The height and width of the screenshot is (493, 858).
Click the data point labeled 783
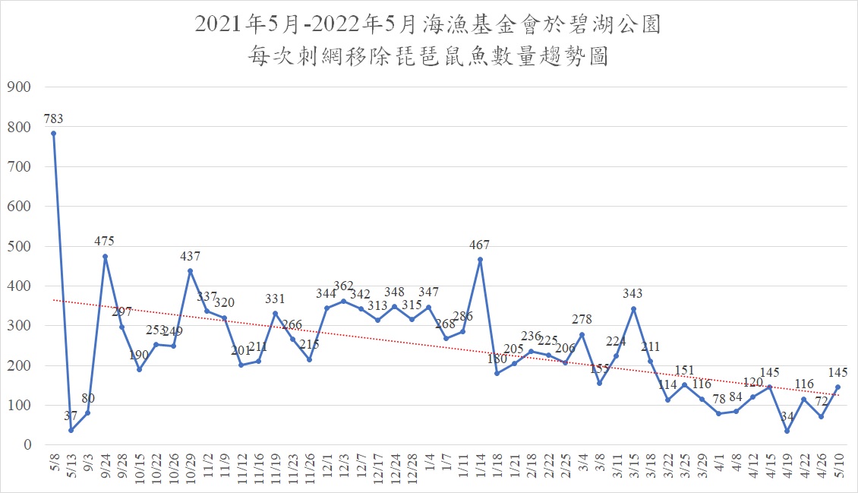[x=53, y=134]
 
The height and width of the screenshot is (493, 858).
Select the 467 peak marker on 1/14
[x=480, y=260]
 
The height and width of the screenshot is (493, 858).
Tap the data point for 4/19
[x=787, y=431]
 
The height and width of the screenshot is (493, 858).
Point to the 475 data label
[x=105, y=242]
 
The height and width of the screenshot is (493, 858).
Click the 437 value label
[x=190, y=257]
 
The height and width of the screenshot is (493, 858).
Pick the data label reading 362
[x=343, y=286]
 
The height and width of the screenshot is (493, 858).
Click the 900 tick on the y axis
[x=17, y=87]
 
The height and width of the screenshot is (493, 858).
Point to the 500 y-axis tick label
[x=17, y=247]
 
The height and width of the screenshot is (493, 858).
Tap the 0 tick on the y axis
[x=26, y=445]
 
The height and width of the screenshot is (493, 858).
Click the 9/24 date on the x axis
[x=105, y=465]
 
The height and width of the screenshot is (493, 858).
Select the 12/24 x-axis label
[x=394, y=467]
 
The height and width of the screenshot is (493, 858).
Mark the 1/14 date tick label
[x=480, y=465]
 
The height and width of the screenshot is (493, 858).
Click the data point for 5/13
[x=71, y=431]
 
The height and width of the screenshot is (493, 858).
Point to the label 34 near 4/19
[x=787, y=417]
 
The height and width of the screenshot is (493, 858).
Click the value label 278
[x=582, y=320]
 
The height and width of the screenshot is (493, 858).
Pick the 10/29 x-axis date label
[x=190, y=467]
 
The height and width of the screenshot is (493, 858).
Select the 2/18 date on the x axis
[x=532, y=465]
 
